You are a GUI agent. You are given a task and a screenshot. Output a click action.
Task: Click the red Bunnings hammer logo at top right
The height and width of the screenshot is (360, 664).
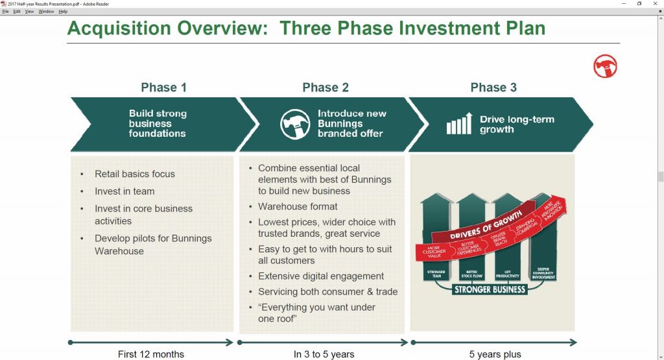(x=605, y=66)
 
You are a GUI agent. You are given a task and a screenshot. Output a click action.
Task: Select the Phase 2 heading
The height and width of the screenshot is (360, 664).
(x=326, y=88)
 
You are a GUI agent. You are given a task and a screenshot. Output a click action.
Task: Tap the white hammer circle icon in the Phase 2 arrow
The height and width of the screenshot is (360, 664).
(x=295, y=124)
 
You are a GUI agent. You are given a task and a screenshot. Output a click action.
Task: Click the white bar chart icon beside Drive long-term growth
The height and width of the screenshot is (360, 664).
(x=459, y=124)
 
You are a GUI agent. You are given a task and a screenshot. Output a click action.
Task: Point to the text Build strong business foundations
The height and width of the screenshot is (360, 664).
(x=158, y=123)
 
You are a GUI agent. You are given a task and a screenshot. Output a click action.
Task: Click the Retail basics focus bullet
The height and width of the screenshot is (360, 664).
(x=134, y=174)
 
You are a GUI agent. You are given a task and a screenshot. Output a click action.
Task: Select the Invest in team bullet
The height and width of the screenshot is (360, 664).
(x=124, y=191)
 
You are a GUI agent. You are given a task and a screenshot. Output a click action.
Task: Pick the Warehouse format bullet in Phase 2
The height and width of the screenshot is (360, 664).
(x=298, y=206)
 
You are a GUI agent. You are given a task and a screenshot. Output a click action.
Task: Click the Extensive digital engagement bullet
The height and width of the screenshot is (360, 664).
(x=321, y=276)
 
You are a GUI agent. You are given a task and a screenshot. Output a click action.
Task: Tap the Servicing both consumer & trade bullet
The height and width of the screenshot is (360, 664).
(x=327, y=292)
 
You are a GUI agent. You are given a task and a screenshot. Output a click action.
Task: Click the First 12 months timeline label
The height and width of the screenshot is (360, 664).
(x=151, y=354)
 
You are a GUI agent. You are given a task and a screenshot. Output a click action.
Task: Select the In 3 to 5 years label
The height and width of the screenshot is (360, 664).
(x=324, y=354)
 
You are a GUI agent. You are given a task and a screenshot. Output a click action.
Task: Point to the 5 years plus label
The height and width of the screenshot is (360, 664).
(x=495, y=354)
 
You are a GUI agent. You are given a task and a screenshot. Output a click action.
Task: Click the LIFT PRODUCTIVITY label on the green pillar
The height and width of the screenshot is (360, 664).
(x=507, y=274)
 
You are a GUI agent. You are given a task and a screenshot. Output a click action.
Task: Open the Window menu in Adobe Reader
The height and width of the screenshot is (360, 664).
(x=46, y=12)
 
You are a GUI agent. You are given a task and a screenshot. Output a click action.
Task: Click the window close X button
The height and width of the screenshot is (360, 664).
(x=655, y=3)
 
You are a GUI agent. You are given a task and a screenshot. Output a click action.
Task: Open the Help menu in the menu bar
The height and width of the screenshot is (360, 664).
(x=63, y=12)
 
